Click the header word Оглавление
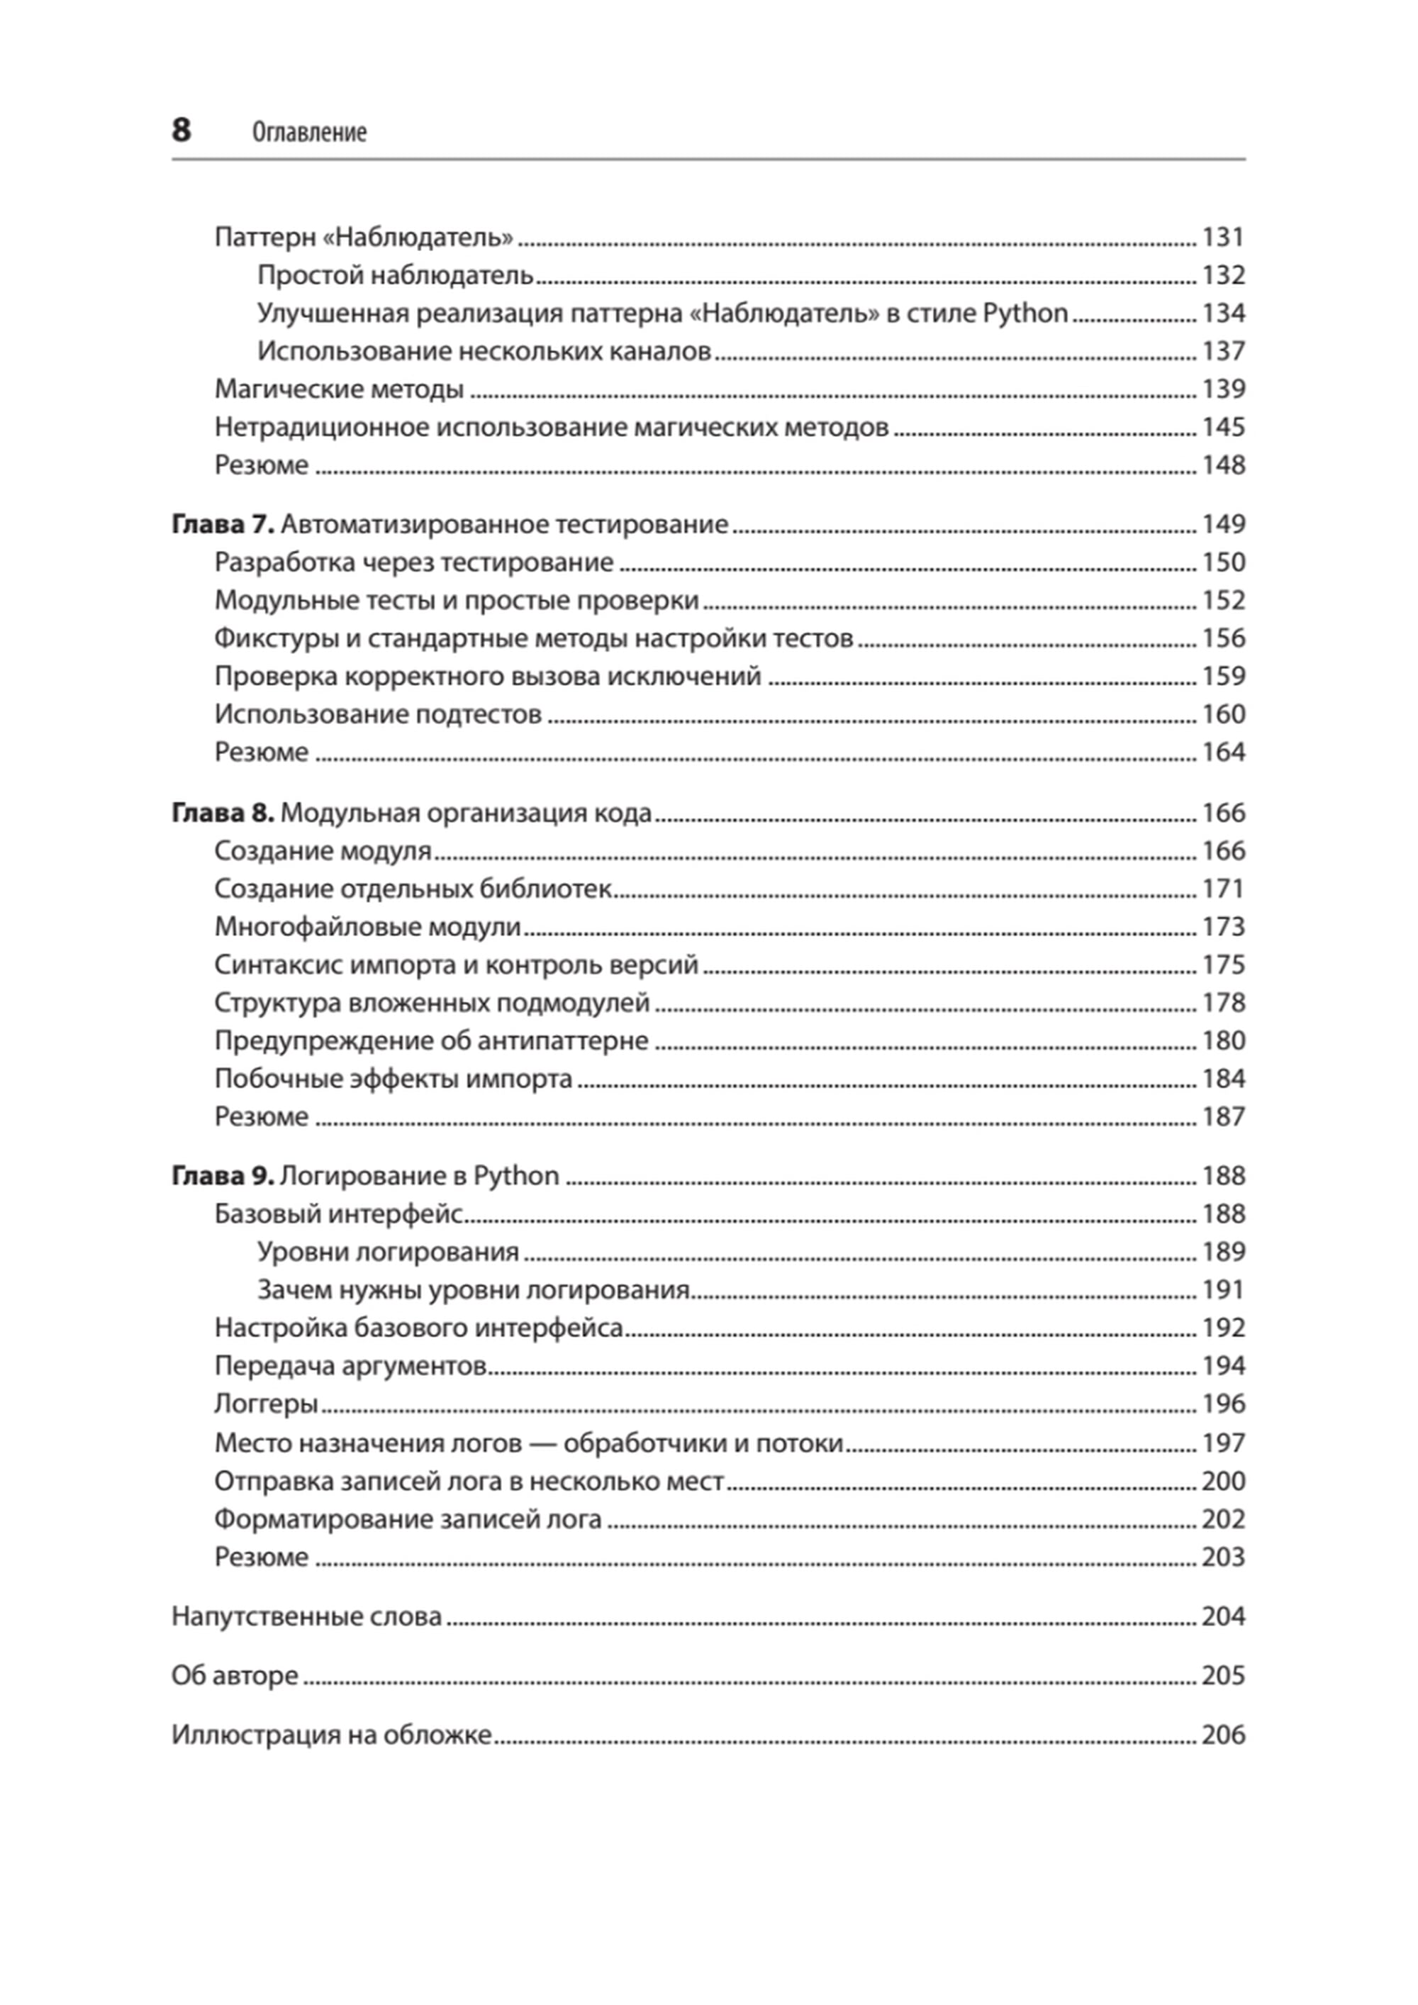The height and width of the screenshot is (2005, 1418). tap(309, 132)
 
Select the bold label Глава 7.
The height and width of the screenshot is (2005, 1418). tap(223, 524)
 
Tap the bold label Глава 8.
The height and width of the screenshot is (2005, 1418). tap(223, 813)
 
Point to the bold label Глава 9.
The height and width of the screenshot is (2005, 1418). tap(223, 1177)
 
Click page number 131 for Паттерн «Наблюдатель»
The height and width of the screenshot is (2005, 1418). tap(1222, 238)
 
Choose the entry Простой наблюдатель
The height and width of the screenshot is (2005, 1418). tap(395, 276)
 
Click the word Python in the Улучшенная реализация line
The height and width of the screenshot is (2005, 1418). tap(1025, 313)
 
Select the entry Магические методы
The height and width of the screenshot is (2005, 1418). tap(339, 389)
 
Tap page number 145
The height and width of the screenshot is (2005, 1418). tap(1222, 427)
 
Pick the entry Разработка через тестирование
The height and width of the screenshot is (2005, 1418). tap(414, 562)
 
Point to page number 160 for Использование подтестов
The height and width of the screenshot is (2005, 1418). tap(1222, 714)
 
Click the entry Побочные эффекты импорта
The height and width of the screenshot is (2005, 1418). tap(393, 1079)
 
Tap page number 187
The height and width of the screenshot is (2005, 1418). tap(1222, 1117)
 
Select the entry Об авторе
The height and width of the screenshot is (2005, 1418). tap(235, 1676)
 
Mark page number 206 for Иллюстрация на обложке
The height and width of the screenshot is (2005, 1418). tap(1222, 1735)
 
